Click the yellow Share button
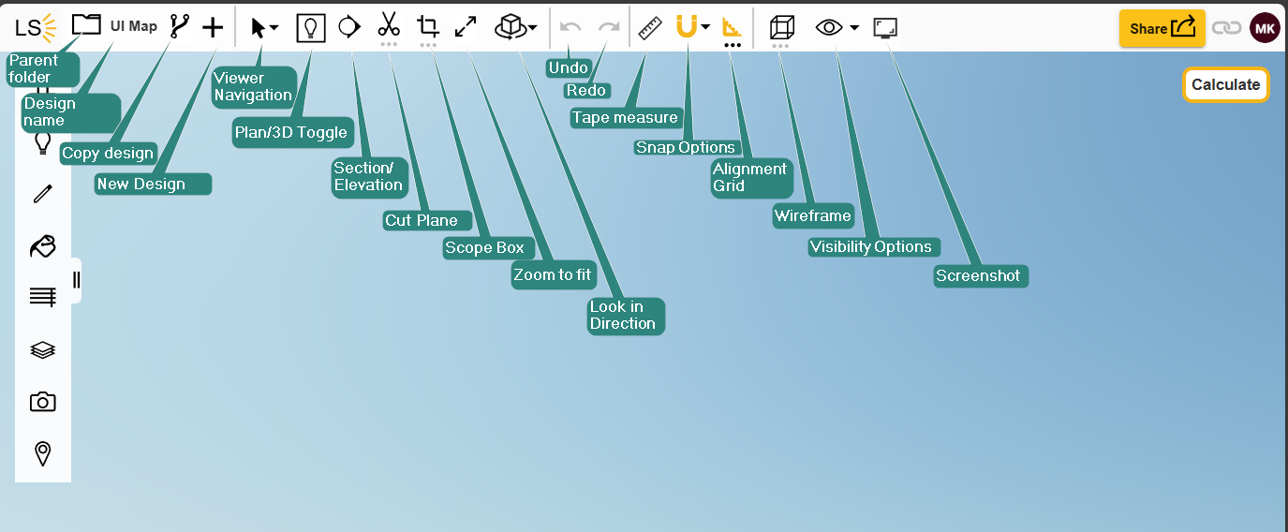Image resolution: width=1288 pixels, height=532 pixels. point(1162,28)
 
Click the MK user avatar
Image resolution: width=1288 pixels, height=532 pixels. point(1265,28)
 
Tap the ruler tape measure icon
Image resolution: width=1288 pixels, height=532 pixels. point(650,27)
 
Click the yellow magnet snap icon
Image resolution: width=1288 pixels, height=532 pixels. point(687,26)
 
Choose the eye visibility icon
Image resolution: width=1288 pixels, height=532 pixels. point(829,27)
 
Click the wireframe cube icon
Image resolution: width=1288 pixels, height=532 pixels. point(782,27)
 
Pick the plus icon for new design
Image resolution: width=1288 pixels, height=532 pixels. point(213,27)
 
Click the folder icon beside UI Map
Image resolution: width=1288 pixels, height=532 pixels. point(86,24)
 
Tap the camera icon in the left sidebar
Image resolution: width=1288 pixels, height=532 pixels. point(42,402)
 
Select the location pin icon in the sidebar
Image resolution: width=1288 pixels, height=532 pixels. point(42,453)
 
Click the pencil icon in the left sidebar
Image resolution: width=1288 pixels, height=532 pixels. point(42,194)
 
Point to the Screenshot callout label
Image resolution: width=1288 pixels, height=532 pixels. point(981,276)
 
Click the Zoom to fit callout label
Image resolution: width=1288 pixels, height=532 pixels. point(554,275)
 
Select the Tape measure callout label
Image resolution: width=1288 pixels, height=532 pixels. point(626,118)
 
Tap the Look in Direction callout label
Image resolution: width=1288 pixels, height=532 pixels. point(626,316)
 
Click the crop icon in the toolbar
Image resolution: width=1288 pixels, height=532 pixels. point(428,26)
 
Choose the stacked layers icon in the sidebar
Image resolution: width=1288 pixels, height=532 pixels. point(42,349)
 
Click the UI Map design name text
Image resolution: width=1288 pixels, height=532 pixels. point(133,26)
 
